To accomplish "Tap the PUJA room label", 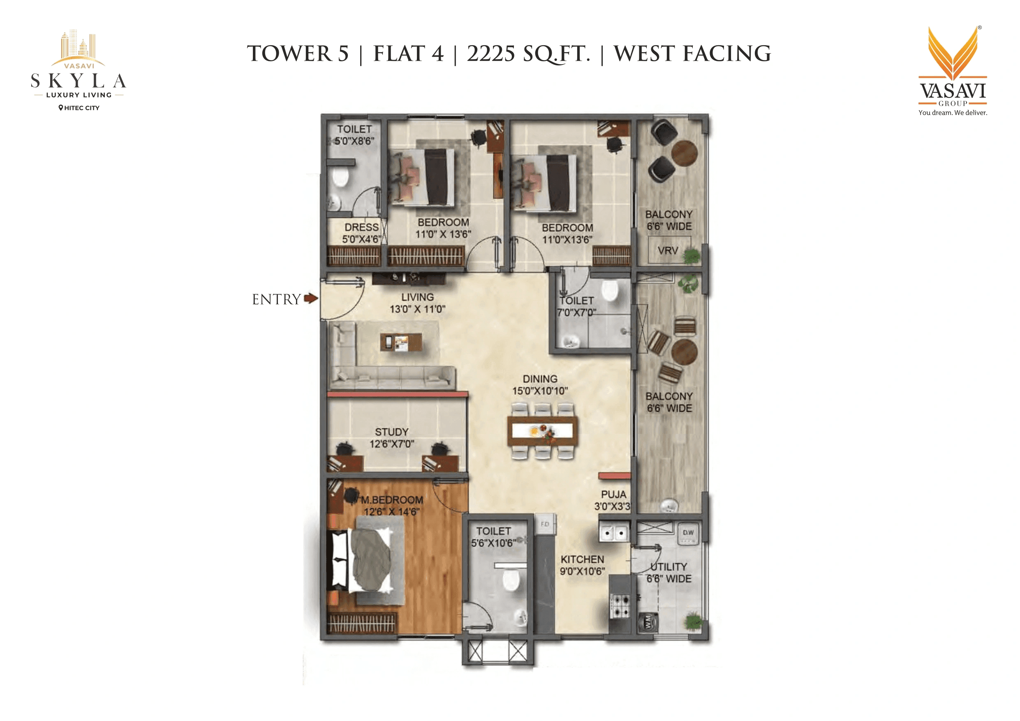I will point(613,495).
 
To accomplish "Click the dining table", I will point(542,430).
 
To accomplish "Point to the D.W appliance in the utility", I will point(688,534).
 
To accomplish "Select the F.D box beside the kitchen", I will point(545,524).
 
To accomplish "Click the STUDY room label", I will point(391,432).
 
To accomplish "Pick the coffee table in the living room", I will point(401,342).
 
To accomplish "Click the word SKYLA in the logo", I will point(79,81).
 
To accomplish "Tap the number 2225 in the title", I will point(491,54).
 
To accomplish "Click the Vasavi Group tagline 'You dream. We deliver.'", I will point(953,113).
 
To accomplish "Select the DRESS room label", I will point(362,227).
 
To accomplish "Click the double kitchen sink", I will point(614,533).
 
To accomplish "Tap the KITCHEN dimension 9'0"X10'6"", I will point(582,571).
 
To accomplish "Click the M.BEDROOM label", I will point(391,500).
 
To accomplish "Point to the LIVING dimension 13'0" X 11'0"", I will point(417,309).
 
